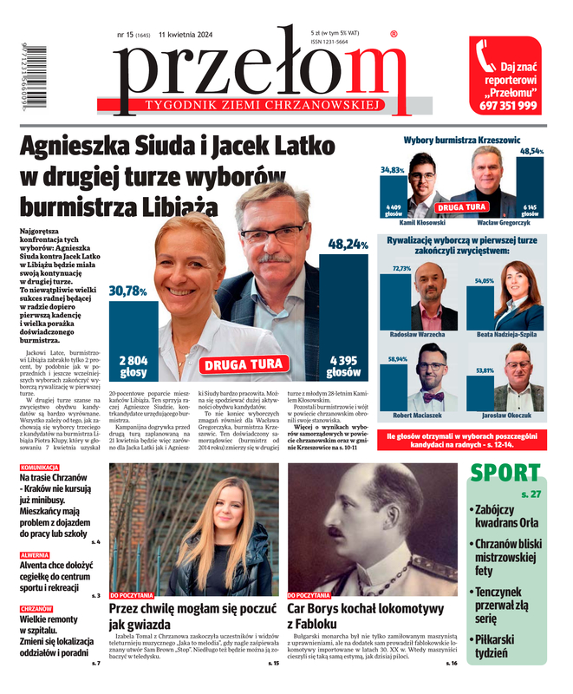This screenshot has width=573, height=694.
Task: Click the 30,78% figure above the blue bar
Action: [x=127, y=291]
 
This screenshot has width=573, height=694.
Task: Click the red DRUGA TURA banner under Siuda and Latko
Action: [x=243, y=364]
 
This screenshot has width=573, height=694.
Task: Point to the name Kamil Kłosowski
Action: [x=422, y=222]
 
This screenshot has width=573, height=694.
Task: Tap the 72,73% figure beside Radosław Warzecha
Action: [x=401, y=269]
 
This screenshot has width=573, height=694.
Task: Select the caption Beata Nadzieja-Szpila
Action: [x=506, y=334]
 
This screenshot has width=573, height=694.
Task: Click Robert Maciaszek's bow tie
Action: [x=431, y=397]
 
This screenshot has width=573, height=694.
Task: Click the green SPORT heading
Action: [x=505, y=474]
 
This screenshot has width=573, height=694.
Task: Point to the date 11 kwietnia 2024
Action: [x=191, y=35]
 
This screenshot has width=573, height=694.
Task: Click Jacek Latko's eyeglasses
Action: [x=274, y=232]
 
